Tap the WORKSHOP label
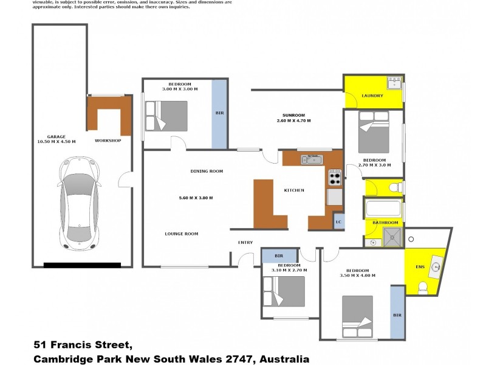point(108,141)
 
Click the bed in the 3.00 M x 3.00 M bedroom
point(166,115)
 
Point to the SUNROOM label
point(293,115)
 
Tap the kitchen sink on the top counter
point(312,159)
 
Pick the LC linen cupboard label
point(338,222)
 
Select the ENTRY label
point(245,243)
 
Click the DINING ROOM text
point(207,172)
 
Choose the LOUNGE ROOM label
point(181,234)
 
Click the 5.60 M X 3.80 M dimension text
point(196,198)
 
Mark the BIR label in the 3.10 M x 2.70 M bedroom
point(279,255)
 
